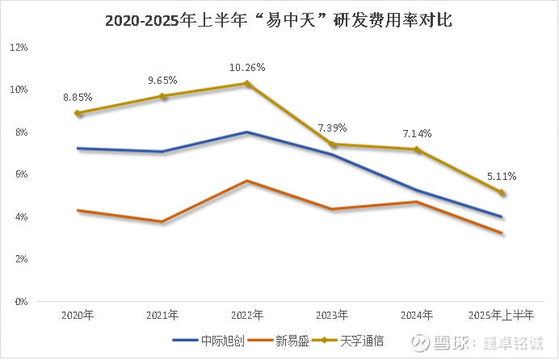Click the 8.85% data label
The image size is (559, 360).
coord(78,98)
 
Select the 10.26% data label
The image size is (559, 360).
coord(248,68)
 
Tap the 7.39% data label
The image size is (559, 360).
coord(332,128)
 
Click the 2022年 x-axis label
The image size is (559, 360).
coord(247,315)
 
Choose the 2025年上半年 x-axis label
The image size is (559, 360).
coord(500,315)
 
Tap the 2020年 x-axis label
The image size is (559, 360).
coord(78,315)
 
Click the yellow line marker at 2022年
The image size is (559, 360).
coord(247,83)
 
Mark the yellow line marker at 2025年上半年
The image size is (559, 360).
coord(501,193)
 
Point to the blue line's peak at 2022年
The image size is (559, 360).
coord(247,132)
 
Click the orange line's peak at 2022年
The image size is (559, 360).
coord(247,181)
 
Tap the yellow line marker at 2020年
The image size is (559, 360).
coord(78,113)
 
